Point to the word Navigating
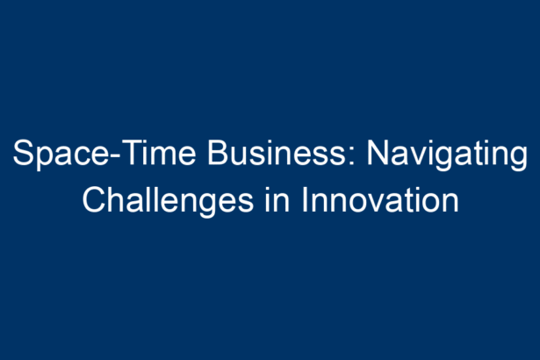(447, 155)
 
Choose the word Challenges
(168, 202)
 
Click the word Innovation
(380, 200)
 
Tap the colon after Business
(351, 156)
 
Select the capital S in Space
(23, 153)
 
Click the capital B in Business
(218, 153)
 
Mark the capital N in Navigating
(377, 153)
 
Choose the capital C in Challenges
(94, 200)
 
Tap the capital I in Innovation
(305, 200)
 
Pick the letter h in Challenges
(117, 200)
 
